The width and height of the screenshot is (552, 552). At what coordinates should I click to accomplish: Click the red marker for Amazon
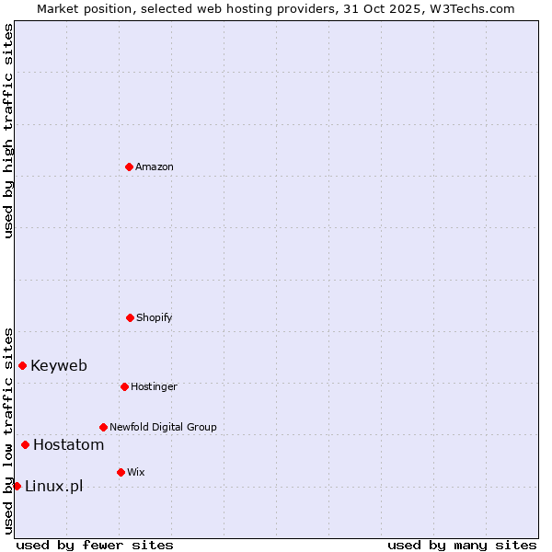tap(129, 167)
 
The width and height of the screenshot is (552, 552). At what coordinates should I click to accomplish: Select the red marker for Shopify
tap(130, 317)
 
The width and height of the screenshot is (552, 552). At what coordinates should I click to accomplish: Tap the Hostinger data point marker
tap(124, 386)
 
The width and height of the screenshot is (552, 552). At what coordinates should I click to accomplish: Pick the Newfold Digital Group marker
tap(103, 427)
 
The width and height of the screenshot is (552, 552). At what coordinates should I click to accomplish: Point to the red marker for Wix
tap(121, 472)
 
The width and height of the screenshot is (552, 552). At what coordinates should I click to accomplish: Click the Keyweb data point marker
tap(22, 365)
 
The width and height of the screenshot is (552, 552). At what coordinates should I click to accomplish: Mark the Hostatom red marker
tap(25, 444)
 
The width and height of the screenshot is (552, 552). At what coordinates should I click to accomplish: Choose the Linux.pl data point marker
tap(17, 486)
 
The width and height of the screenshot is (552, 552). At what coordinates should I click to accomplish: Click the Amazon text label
tap(155, 167)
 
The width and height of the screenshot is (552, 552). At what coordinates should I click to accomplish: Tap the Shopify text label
tap(155, 317)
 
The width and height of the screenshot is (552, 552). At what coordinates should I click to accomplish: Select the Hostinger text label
tap(154, 386)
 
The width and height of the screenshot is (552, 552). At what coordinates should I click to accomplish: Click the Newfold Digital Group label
tap(163, 427)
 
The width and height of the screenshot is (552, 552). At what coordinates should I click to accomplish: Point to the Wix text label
tap(136, 472)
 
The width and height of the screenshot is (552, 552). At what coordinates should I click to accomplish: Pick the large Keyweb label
tap(59, 365)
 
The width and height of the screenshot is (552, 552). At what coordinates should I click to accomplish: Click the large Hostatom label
tap(68, 444)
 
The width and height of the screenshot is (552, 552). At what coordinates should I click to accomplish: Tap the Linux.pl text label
tap(53, 486)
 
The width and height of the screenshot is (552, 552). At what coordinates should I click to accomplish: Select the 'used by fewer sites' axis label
tap(95, 545)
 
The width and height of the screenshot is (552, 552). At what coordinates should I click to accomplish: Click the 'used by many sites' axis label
tap(462, 545)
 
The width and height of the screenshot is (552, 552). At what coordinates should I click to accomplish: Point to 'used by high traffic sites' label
tap(8, 131)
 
